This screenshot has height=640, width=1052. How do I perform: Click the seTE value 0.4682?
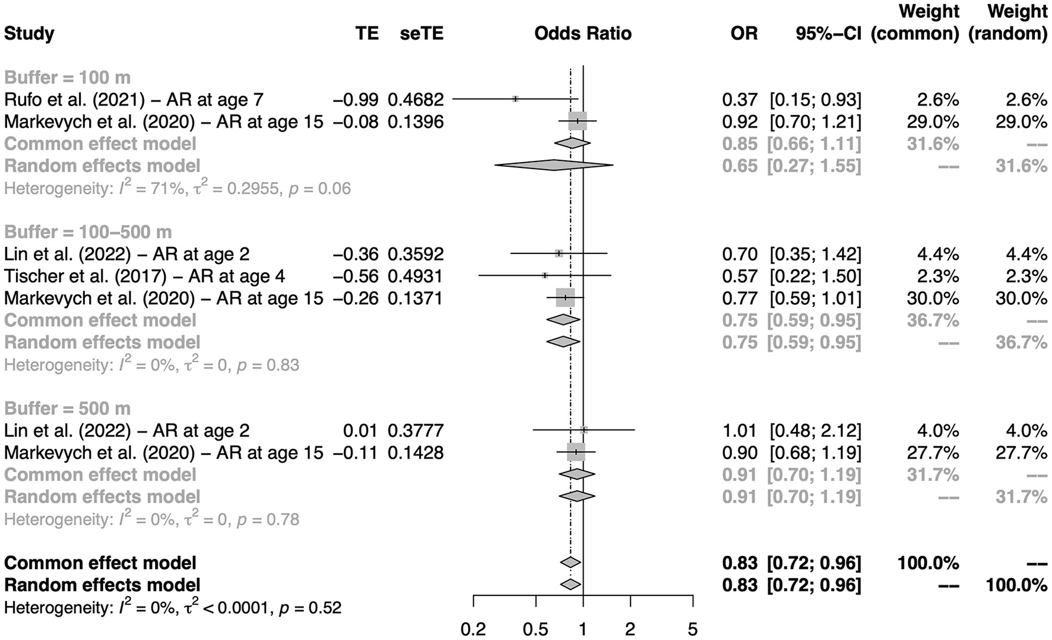click(x=416, y=100)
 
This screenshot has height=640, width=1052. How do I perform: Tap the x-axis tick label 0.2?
click(x=473, y=628)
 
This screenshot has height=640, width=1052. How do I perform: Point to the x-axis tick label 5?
click(x=692, y=628)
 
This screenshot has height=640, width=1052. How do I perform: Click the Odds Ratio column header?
click(x=582, y=33)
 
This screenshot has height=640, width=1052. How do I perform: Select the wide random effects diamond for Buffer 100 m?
click(x=553, y=165)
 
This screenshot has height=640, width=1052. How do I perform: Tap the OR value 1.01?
click(x=740, y=430)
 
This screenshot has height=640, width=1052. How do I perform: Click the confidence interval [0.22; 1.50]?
click(x=815, y=276)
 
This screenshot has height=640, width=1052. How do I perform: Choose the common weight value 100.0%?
click(x=928, y=563)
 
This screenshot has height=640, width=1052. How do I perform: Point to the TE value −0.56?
click(x=355, y=276)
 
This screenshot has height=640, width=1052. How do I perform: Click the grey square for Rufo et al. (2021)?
click(x=515, y=99)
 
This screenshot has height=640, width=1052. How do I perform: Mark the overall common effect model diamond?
click(x=570, y=562)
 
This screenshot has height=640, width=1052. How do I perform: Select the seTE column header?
click(x=421, y=33)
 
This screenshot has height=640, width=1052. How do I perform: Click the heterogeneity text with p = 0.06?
click(x=177, y=189)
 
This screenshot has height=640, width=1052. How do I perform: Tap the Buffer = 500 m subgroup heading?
click(x=67, y=408)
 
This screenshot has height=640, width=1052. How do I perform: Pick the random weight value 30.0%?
click(x=1021, y=298)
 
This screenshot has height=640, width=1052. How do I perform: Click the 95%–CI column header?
click(x=828, y=33)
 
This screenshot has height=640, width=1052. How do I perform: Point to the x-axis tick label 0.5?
click(x=535, y=628)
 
